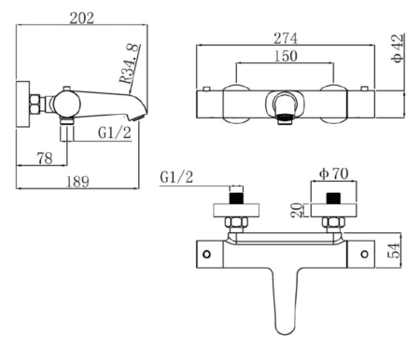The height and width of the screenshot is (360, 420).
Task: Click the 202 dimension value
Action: (x=81, y=18)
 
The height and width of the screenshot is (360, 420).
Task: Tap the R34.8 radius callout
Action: (x=129, y=63)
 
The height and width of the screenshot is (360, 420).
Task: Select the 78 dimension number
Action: (x=45, y=159)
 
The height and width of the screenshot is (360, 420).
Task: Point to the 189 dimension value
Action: (x=77, y=182)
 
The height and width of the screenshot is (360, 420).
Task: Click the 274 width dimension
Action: (x=286, y=38)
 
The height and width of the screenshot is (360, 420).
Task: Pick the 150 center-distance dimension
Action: (x=286, y=56)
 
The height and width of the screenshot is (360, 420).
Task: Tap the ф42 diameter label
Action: (x=398, y=48)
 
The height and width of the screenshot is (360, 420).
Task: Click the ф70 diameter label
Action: (x=334, y=173)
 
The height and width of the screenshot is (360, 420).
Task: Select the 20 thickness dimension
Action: (x=296, y=210)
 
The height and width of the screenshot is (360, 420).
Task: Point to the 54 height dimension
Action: (x=393, y=250)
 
